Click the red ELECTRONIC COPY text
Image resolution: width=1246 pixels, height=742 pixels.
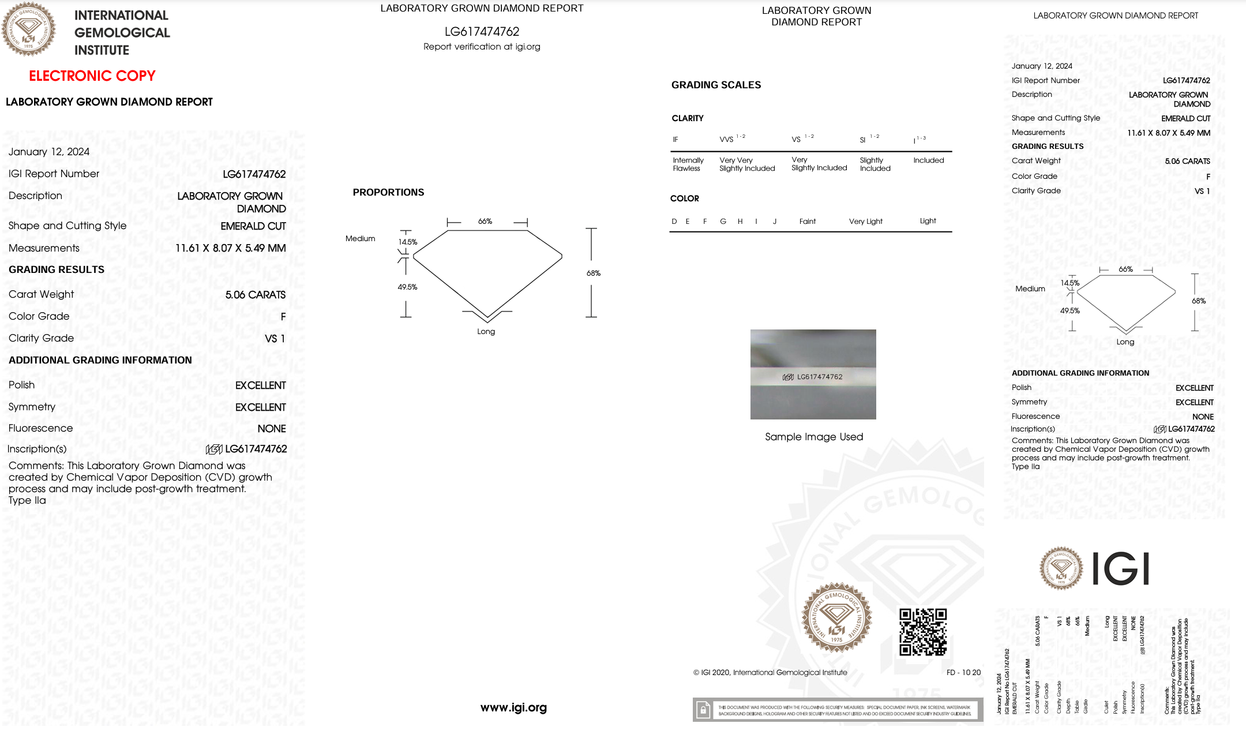tap(92, 76)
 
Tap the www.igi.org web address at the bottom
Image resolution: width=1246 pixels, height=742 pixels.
tap(513, 707)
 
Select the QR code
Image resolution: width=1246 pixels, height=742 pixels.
tap(923, 632)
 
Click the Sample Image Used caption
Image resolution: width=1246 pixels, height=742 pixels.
tap(814, 437)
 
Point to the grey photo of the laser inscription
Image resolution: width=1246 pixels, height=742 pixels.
tap(813, 374)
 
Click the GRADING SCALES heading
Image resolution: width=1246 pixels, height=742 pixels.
tap(716, 85)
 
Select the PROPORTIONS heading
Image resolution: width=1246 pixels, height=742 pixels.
tap(388, 192)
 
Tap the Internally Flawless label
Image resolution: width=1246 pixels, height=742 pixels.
tap(688, 164)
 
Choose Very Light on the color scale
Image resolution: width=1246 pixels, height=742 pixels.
tap(865, 222)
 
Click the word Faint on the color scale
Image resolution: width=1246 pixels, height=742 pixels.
tap(807, 222)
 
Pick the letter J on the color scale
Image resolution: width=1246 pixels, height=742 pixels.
tap(775, 222)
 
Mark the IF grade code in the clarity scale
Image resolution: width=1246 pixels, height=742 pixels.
tap(675, 140)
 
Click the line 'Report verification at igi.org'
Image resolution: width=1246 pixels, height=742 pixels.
tap(482, 47)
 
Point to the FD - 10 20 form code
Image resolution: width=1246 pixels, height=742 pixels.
tap(963, 672)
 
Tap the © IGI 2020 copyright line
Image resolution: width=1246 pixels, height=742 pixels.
tap(770, 672)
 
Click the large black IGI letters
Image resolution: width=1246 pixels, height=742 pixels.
tap(1121, 569)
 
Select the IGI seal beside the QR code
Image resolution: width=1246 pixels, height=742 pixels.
tap(836, 618)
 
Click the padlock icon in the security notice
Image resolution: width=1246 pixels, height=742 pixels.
tap(703, 710)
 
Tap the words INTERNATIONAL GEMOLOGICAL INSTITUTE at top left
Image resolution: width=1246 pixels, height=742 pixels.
tap(122, 33)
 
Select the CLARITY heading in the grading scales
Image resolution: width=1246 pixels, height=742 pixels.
tap(688, 118)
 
